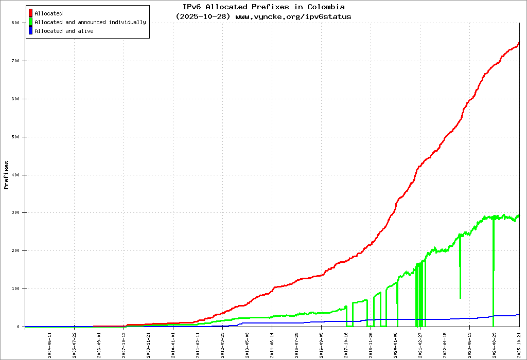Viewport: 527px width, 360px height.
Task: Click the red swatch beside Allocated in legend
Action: click(31, 13)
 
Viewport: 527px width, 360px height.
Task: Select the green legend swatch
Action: click(31, 22)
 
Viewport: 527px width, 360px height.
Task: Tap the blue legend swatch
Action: click(31, 31)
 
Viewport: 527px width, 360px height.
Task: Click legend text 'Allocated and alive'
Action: click(64, 31)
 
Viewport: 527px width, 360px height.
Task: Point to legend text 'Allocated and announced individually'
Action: click(90, 22)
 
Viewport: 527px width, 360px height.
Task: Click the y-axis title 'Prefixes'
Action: click(7, 175)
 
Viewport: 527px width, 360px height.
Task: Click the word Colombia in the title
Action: click(326, 7)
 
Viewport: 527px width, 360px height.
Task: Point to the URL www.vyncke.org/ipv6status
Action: click(293, 16)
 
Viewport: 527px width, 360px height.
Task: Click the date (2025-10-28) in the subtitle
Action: click(203, 16)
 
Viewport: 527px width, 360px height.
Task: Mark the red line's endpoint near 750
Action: click(519, 43)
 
